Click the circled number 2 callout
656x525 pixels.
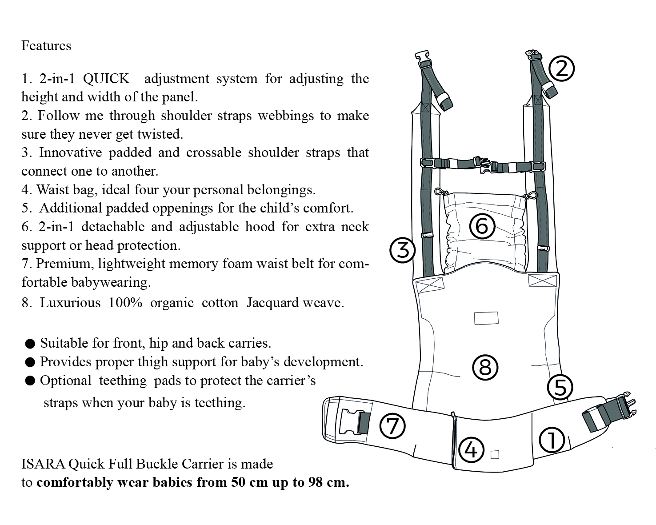[561, 69]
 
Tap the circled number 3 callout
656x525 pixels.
[402, 250]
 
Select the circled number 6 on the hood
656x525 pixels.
[482, 226]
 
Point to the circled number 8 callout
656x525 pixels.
[485, 367]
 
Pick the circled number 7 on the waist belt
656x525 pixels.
[392, 426]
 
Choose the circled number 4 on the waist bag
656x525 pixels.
[471, 449]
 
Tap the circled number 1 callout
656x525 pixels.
[552, 440]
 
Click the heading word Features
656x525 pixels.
[46, 46]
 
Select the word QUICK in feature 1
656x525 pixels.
[106, 79]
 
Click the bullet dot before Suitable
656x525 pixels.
[30, 343]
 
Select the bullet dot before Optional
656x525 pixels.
[30, 381]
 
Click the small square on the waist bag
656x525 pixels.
[494, 454]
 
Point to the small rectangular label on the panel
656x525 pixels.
[486, 318]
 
